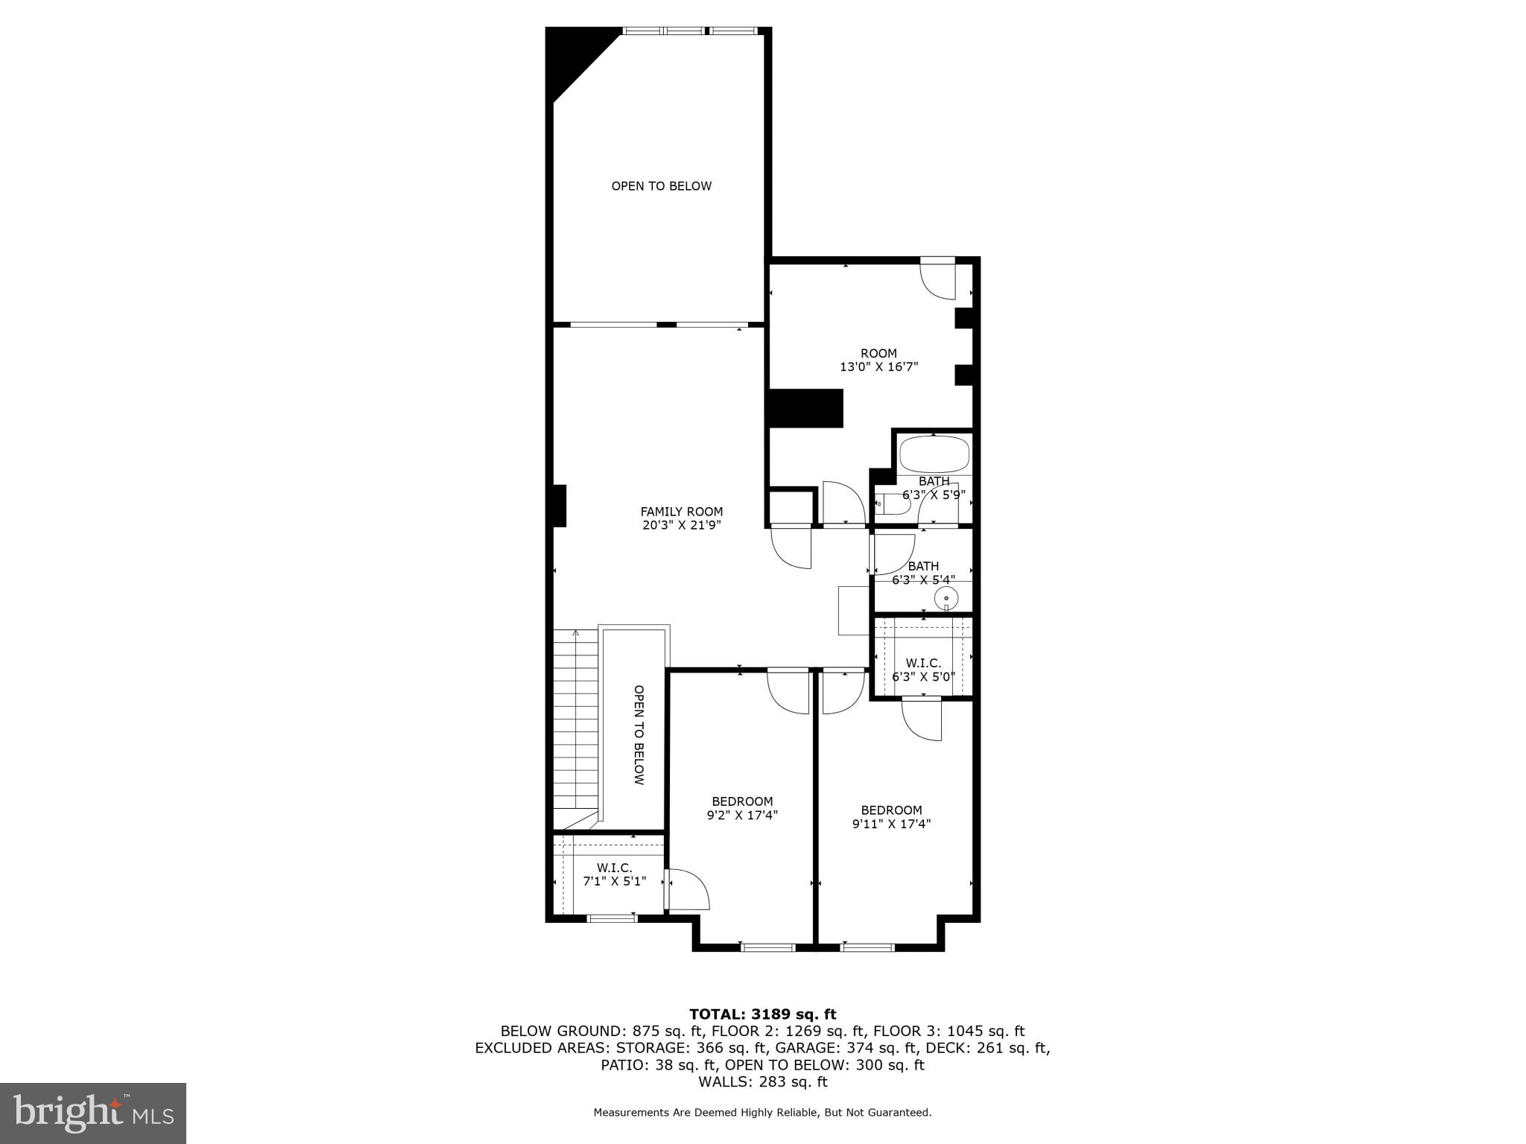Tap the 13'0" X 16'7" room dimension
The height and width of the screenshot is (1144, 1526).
pos(878,367)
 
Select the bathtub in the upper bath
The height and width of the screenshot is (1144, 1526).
pos(934,454)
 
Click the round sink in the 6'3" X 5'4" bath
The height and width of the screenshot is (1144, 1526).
pos(946,597)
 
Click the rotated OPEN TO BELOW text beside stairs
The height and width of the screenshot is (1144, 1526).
pos(639,734)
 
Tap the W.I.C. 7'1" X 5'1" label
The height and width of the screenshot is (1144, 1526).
pos(614,874)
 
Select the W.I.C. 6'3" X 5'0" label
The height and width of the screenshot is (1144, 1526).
pos(923,670)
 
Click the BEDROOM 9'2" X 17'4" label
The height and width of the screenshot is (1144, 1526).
pos(742,808)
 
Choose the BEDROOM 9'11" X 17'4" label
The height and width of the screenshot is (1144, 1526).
pos(891,817)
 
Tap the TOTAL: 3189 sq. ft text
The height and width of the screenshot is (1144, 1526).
pos(762,1014)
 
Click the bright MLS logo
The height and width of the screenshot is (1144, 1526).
pos(93,1113)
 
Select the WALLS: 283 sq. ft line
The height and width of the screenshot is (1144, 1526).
pos(762,1081)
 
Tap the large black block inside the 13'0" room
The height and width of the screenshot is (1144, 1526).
pos(805,408)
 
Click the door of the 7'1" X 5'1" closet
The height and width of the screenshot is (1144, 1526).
pos(687,890)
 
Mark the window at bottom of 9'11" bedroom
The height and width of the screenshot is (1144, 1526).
pos(867,947)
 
